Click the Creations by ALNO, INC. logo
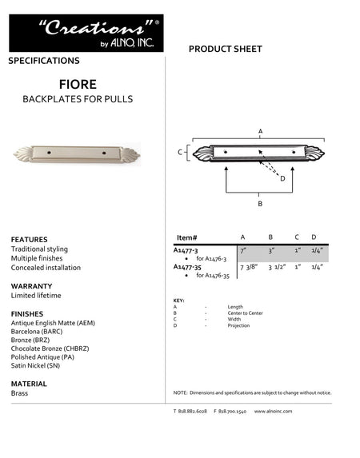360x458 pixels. click(86, 33)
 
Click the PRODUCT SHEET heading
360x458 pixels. click(225, 50)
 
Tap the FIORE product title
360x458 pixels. click(78, 83)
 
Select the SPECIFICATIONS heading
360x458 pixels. click(44, 61)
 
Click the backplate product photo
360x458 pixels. click(77, 153)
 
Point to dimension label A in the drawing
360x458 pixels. click(260, 129)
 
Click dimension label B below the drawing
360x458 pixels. click(260, 204)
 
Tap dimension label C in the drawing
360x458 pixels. click(180, 151)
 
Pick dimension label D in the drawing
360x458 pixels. click(282, 178)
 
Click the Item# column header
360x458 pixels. click(186, 238)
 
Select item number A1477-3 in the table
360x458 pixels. click(186, 250)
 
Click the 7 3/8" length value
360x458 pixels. click(247, 267)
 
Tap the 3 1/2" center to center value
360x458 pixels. click(276, 267)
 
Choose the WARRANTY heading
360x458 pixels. click(32, 285)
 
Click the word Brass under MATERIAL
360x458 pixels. click(20, 394)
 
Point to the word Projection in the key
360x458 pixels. click(238, 326)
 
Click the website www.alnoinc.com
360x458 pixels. click(274, 411)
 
